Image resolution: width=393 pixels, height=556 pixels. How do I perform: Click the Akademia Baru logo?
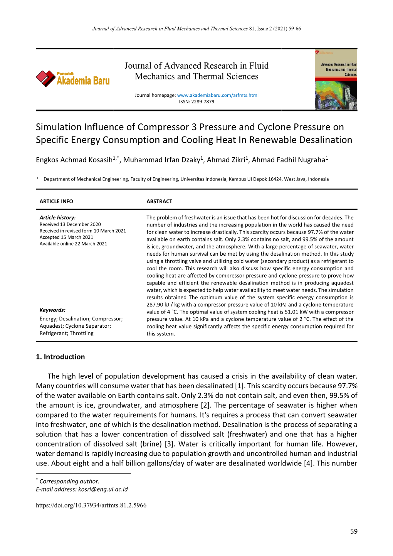coord(73,79)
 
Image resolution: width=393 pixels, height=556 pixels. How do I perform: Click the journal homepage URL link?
coord(218,95)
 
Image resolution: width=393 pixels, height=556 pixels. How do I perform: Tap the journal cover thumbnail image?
coord(336,79)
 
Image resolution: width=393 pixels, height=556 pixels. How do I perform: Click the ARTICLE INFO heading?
coord(56,201)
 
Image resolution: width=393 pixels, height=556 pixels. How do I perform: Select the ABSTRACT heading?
coord(159,201)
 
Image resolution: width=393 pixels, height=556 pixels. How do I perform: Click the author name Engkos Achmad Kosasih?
coord(74,160)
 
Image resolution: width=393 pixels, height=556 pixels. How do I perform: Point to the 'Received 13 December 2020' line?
coord(70,224)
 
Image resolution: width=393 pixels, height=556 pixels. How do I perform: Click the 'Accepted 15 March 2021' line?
coord(66,238)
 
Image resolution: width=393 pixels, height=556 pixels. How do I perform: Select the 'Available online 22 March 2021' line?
coord(73,244)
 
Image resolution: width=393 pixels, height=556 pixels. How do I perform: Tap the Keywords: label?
coord(52,310)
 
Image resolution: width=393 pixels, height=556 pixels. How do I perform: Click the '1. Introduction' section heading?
coord(60,357)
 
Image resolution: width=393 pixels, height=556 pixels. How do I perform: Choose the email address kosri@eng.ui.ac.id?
coord(103,489)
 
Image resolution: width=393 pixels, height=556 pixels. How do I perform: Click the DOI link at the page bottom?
coord(91,505)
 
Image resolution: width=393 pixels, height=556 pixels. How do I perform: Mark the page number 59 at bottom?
coord(354,531)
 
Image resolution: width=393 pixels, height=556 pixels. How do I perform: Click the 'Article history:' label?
coord(57,217)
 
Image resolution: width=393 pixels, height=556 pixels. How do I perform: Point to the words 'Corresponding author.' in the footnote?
coord(69,481)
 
